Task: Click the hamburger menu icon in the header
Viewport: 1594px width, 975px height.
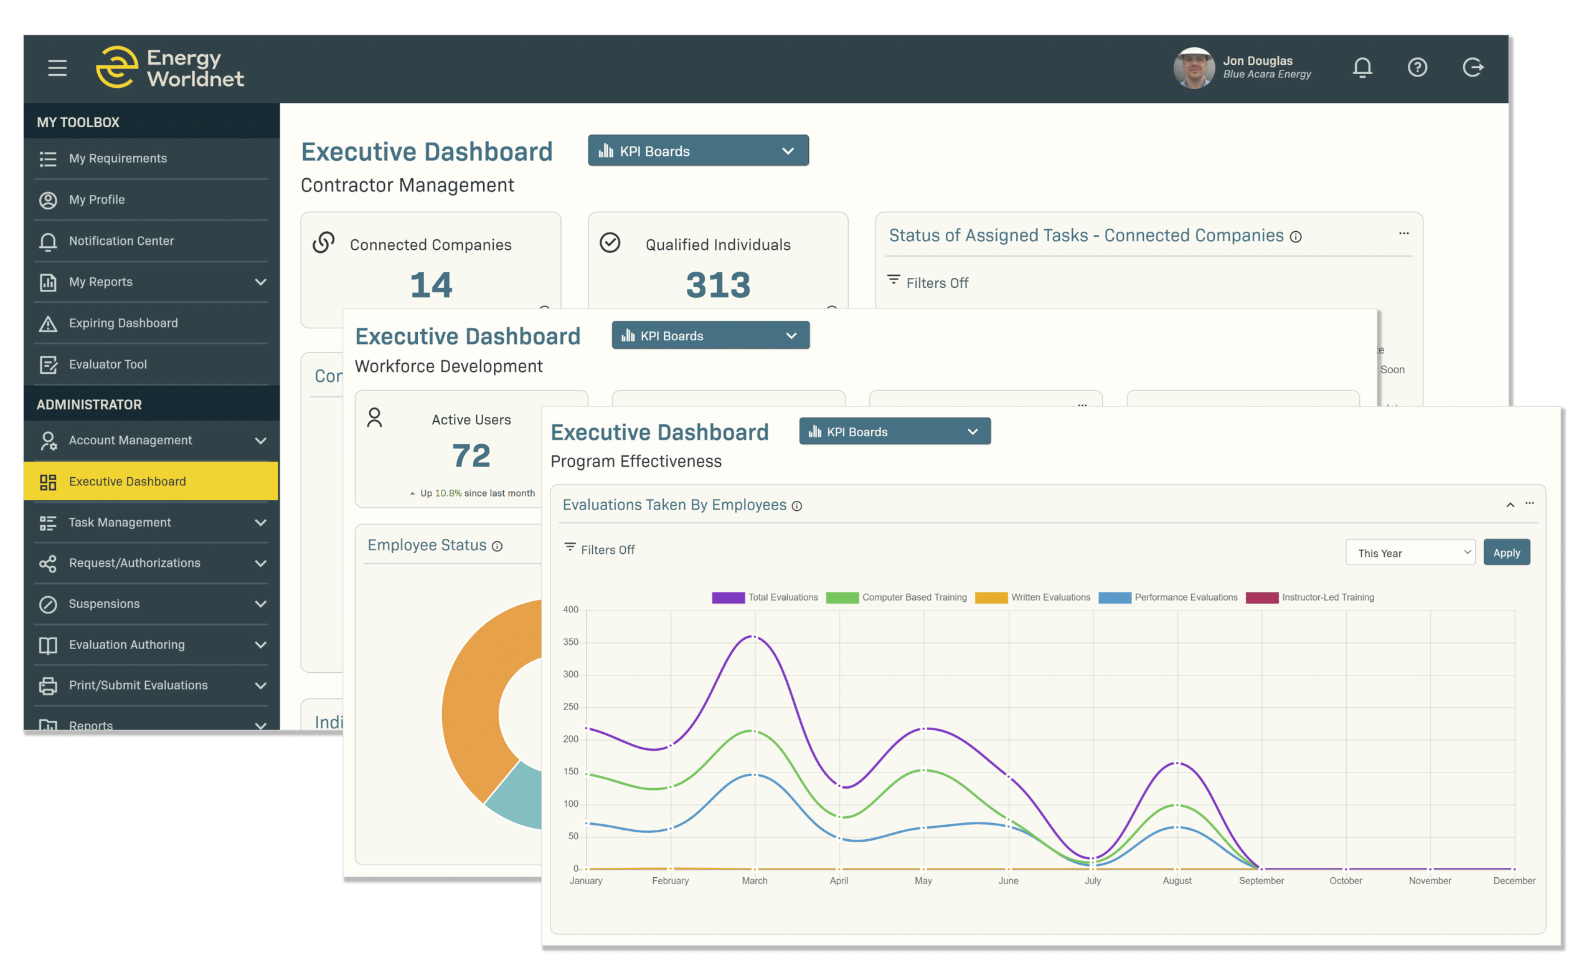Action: coord(57,67)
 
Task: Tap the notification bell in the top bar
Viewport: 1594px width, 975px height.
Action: coord(1362,67)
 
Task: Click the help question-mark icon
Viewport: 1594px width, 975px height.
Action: coord(1417,67)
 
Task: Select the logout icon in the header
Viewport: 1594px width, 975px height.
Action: coord(1473,67)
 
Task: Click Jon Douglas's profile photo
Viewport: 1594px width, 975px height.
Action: coord(1194,68)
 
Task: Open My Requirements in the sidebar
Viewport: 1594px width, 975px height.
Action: coord(118,159)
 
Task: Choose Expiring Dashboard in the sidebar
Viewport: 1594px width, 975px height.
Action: coord(123,323)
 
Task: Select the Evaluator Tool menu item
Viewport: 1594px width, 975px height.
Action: coord(107,364)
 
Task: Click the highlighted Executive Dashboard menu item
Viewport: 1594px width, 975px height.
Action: coord(128,482)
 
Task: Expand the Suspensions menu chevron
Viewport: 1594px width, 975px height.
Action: coord(261,604)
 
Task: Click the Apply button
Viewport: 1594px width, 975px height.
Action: coord(1506,553)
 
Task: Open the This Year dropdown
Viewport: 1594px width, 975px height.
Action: coord(1410,553)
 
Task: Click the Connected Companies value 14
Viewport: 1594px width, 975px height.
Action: coord(431,285)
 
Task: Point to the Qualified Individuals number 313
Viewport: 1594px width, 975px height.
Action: coord(718,285)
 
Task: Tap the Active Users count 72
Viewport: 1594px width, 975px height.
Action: coord(471,456)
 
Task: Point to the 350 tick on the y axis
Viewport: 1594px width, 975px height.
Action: coord(570,642)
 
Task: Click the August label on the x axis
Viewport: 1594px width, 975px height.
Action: coord(1177,880)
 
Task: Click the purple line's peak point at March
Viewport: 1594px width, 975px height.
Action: coord(754,637)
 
